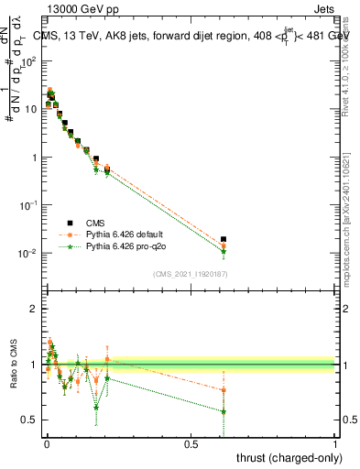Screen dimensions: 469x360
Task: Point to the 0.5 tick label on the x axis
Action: point(191,442)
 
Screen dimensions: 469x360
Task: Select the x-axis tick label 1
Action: point(335,442)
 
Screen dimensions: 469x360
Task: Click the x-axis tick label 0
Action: point(46,442)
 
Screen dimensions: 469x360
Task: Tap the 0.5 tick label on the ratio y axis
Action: point(30,420)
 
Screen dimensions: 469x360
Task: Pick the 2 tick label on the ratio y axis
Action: point(34,309)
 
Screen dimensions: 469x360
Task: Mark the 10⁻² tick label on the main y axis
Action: point(27,253)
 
